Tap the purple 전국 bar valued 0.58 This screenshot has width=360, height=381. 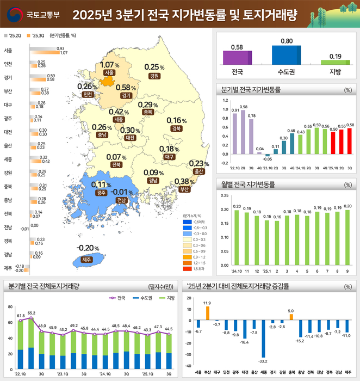[x=237, y=58]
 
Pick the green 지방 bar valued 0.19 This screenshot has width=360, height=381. [x=335, y=62]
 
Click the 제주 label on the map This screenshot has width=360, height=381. [x=86, y=260]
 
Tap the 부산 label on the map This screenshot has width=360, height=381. [x=184, y=190]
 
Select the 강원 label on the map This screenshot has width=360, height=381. [x=154, y=76]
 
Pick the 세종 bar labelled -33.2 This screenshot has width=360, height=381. [x=263, y=337]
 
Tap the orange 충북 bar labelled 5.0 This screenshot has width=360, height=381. [x=290, y=317]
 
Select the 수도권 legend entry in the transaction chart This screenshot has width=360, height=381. [x=142, y=298]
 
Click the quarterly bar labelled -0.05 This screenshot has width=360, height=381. [x=267, y=155]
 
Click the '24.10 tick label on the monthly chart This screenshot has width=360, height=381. [x=236, y=271]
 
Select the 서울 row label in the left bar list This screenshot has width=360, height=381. [x=8, y=50]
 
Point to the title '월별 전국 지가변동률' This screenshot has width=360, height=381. [x=249, y=184]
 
